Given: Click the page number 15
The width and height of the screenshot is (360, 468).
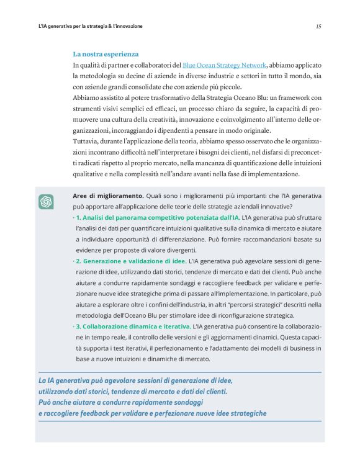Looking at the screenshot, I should pos(318,26).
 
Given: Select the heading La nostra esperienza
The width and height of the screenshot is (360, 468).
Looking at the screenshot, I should pos(106,54).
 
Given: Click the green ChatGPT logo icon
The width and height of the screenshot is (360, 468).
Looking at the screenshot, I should pos(46,202).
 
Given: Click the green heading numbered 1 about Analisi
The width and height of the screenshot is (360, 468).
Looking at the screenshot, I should pos(157,218).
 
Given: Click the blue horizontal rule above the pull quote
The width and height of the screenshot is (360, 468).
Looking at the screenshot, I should pos(180,372).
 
